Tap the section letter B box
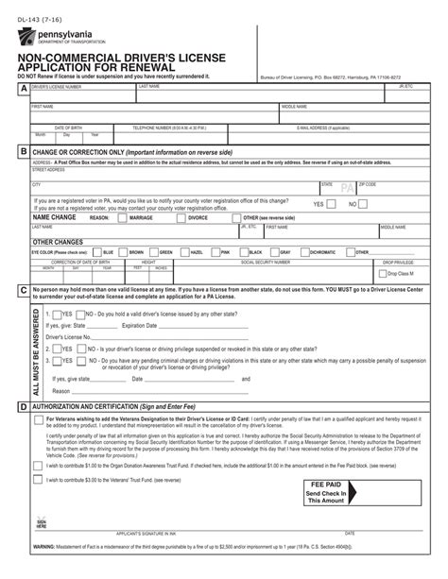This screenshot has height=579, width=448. coord(22,151)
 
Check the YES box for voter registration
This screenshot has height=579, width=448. coord(333,203)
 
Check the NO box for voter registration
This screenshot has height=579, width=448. coord(364,203)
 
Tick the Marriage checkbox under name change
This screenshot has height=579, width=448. coord(124,217)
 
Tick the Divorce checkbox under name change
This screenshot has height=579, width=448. coord(182,217)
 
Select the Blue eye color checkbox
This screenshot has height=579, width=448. coord(96,252)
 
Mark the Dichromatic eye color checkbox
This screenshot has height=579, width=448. coord(305,252)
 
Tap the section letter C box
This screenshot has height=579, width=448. coord(22,291)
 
